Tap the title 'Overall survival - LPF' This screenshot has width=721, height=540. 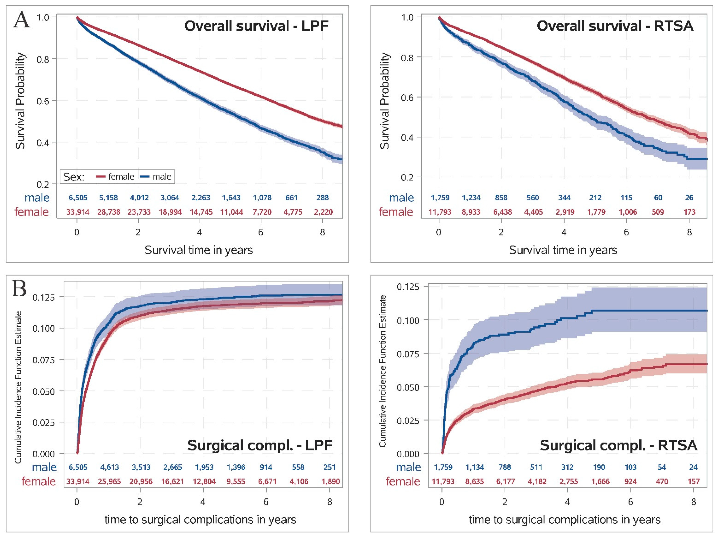coord(256,26)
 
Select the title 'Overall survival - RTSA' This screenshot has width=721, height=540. coord(615,26)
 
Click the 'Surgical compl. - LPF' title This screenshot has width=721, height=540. coord(260,445)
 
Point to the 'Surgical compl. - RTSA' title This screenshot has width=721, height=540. coord(618,445)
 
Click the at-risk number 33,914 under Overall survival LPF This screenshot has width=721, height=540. coord(78,212)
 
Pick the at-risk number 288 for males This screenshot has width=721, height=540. coord(322,198)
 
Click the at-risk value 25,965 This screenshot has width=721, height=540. coord(109,481)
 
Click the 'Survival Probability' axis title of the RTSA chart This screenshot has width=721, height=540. coord(385,101)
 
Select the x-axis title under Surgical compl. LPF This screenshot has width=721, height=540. coord(200,520)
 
